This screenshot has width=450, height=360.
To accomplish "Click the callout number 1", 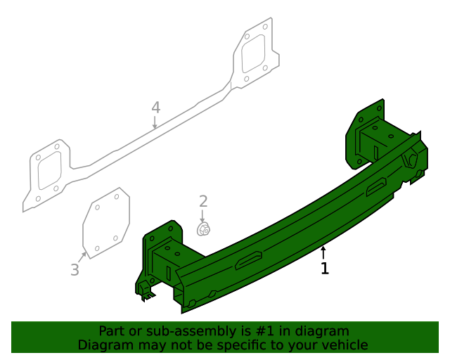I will tap(324, 269).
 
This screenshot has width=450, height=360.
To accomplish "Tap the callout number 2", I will tap(203, 202).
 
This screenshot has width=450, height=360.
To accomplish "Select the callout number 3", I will tap(75, 269).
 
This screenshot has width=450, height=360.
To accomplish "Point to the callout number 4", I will tap(155, 108).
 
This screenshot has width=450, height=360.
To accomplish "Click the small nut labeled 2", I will tap(203, 229).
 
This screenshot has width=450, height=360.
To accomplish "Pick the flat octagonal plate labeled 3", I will tap(106, 222).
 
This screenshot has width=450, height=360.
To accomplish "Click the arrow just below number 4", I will tap(155, 123).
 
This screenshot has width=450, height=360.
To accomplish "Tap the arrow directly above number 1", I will tap(323, 252).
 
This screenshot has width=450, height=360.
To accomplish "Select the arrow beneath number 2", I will tap(203, 215).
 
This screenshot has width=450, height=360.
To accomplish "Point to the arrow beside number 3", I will tap(82, 257).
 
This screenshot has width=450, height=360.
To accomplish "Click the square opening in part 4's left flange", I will tap(50, 170).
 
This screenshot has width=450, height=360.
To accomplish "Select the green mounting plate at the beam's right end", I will tap(366, 130).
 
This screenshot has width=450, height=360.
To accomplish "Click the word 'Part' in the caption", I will tap(111, 331).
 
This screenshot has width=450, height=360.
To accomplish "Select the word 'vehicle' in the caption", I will tap(344, 345).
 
